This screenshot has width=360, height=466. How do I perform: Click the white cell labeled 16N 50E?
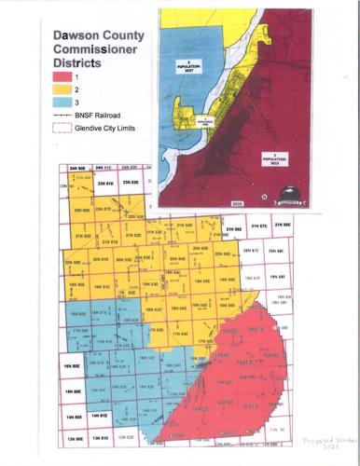point(74,367)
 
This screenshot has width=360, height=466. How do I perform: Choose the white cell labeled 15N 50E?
point(74,392)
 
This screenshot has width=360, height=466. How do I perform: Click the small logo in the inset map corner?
point(296,196)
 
